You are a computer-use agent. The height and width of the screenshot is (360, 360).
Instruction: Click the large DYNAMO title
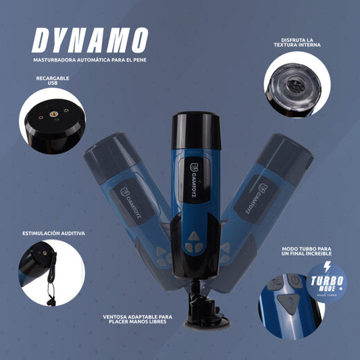click(90, 41)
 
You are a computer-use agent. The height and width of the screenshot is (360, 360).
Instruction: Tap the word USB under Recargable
click(53, 83)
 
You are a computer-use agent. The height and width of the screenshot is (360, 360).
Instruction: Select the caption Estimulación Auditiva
click(54, 233)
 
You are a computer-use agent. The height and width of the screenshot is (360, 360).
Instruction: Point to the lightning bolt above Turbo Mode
click(327, 267)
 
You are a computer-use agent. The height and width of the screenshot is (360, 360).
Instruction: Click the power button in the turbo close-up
click(295, 280)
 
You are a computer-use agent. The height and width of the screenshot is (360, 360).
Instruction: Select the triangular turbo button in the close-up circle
click(288, 303)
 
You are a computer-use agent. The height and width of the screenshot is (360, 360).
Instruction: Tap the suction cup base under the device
click(207, 323)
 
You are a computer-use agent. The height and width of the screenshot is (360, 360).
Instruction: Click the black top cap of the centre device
click(197, 130)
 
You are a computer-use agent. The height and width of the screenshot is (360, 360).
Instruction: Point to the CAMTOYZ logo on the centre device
click(193, 180)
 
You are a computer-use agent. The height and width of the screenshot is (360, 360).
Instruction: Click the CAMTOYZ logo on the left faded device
click(130, 203)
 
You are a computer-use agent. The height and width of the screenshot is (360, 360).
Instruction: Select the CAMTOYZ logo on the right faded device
click(255, 199)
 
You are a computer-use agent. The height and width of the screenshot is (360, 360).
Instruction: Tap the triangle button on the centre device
click(194, 236)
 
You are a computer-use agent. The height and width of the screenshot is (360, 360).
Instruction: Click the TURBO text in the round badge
click(327, 281)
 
